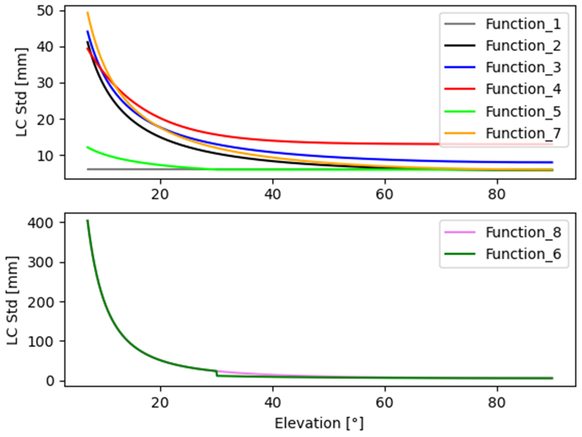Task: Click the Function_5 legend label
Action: click(x=523, y=111)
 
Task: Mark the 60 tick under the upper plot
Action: click(x=385, y=195)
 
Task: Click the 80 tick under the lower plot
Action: click(x=497, y=403)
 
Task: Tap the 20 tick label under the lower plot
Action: click(x=160, y=403)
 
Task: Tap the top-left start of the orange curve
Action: click(x=88, y=12)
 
